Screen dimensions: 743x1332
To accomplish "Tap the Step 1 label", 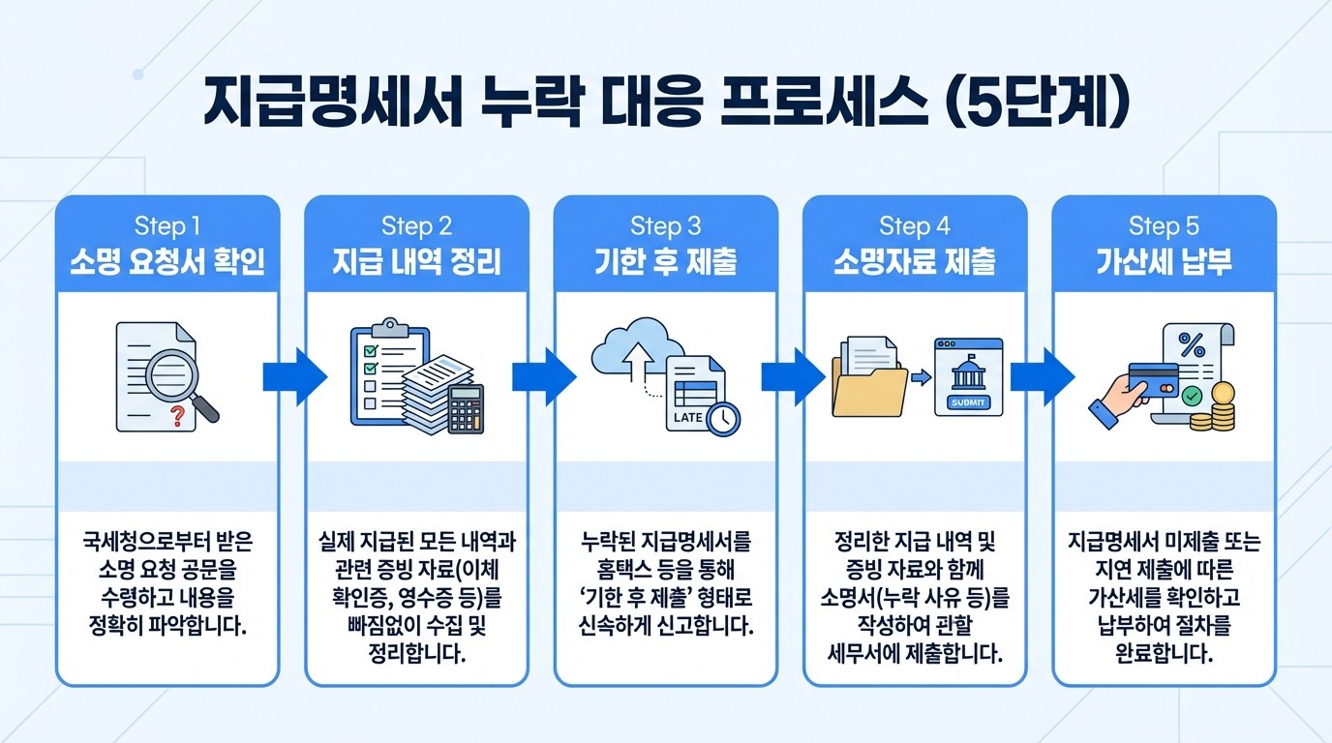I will point(167,226).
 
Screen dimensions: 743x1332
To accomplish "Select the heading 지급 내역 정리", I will point(417,262).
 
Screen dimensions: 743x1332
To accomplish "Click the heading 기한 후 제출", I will point(666,262).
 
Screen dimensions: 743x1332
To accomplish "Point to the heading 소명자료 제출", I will point(915,262).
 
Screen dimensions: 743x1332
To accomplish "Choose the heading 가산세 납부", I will point(1164,262).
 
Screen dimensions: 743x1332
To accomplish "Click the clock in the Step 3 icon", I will point(722,418).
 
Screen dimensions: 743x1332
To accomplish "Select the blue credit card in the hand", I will point(1153,380).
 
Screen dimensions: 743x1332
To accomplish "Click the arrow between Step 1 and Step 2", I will point(292,376).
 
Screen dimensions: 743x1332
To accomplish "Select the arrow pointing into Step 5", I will point(1040,376).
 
